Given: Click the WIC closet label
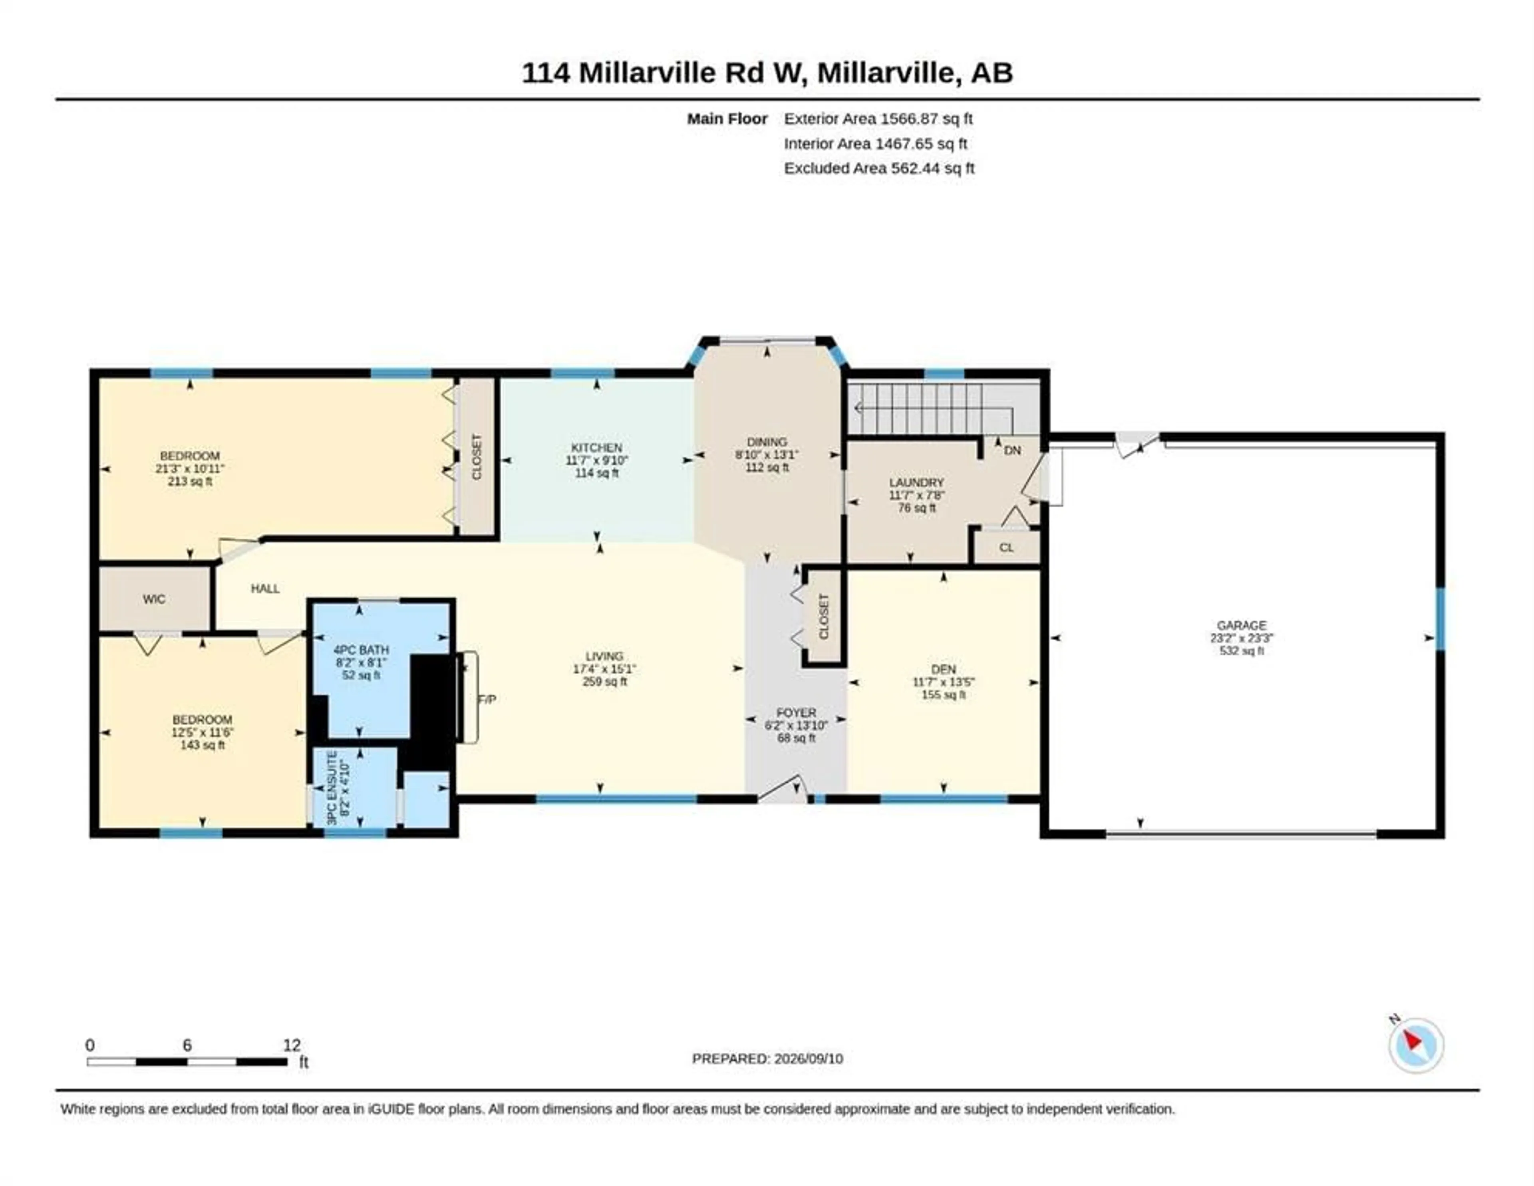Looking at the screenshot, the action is click(x=154, y=599).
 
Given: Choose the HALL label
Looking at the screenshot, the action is click(x=266, y=589).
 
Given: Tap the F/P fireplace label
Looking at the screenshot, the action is click(x=487, y=699).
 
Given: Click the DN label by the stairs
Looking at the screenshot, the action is click(x=1012, y=450).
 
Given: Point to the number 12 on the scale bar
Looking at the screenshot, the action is click(x=292, y=1045).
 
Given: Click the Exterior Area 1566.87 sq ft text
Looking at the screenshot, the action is click(x=878, y=119).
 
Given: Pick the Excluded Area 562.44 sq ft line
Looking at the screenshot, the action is click(x=879, y=168).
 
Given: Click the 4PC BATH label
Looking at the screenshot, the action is click(x=361, y=650).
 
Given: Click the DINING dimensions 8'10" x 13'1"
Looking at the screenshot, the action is click(x=767, y=455).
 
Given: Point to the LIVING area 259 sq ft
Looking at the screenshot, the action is click(x=605, y=682).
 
